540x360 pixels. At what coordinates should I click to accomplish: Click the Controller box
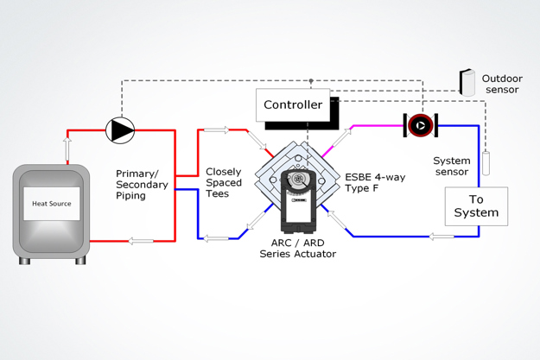293,104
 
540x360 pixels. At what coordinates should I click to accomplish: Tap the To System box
476,206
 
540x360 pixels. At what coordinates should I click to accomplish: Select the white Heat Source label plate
52,204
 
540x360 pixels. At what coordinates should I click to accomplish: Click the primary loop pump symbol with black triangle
120,129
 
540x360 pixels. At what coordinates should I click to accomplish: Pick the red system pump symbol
421,125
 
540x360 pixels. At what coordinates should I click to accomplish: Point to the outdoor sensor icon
467,83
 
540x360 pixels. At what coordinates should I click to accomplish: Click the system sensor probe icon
486,163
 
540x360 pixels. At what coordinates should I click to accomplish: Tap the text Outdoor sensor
502,84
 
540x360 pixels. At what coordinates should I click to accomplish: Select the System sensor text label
451,166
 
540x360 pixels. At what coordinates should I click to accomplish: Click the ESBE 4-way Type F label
373,182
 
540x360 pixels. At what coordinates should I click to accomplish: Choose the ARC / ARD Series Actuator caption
297,248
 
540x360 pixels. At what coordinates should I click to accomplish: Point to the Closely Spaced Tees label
224,183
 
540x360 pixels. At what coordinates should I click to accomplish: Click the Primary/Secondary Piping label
143,184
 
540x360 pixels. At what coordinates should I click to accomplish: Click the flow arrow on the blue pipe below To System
442,236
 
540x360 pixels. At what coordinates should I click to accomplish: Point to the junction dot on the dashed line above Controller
311,81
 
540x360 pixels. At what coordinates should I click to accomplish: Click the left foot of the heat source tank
23,260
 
